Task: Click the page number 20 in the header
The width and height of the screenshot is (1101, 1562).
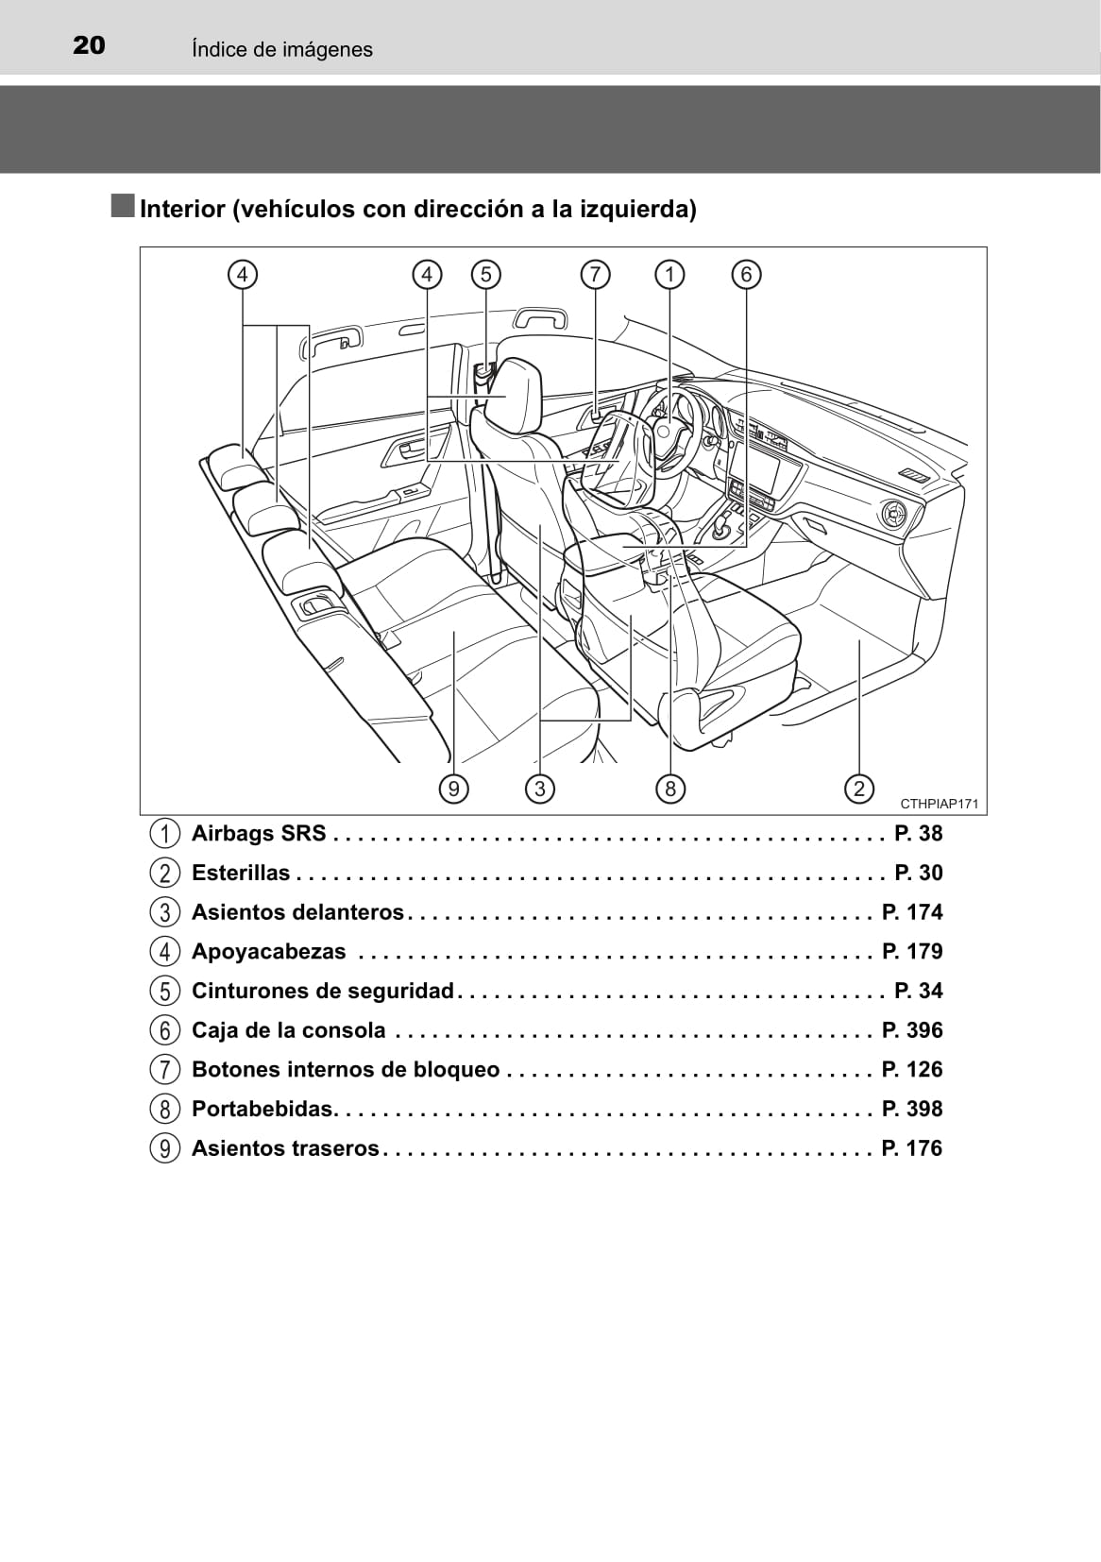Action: pyautogui.click(x=89, y=45)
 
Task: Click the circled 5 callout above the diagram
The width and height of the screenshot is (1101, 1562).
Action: pyautogui.click(x=485, y=275)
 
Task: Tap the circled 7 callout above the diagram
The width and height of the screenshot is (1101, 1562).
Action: pyautogui.click(x=595, y=275)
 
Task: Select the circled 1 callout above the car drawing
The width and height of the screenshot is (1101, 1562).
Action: pyautogui.click(x=669, y=275)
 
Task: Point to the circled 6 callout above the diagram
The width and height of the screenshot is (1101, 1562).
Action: pyautogui.click(x=746, y=275)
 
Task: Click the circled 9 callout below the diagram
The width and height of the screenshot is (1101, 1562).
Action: pyautogui.click(x=454, y=789)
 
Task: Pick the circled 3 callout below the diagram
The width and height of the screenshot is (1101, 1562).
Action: pyautogui.click(x=539, y=789)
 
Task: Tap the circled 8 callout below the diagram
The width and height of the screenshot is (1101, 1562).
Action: pyautogui.click(x=669, y=789)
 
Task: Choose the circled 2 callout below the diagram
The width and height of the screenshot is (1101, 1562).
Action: pyautogui.click(x=858, y=789)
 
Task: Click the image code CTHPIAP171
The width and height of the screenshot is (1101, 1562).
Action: pyautogui.click(x=939, y=805)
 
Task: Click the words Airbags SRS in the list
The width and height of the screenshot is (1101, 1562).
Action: pyautogui.click(x=259, y=833)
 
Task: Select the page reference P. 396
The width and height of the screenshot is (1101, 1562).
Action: pyautogui.click(x=912, y=1030)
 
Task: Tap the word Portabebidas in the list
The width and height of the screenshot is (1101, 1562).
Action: pyautogui.click(x=263, y=1109)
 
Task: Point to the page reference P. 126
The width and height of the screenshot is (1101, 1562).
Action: pyautogui.click(x=912, y=1069)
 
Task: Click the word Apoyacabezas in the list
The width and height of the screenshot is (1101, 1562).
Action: pyautogui.click(x=269, y=951)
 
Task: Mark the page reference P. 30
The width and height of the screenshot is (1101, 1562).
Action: pyautogui.click(x=918, y=873)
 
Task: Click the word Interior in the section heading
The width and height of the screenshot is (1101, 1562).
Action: pyautogui.click(x=182, y=209)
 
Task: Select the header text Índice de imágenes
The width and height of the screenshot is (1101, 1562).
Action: pyautogui.click(x=281, y=49)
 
